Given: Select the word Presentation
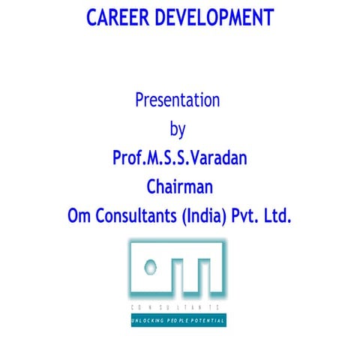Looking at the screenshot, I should pos(177,100).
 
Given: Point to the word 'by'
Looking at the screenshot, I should pos(178,130).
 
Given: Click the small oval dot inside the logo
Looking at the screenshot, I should pos(152,265).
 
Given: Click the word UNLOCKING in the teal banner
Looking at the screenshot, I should pos(148,320).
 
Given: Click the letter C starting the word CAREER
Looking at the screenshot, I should pos(92,18).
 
